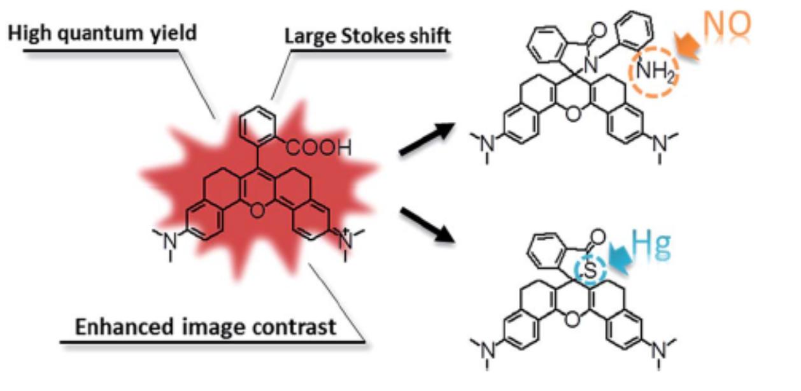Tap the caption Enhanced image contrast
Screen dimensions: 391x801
point(204,328)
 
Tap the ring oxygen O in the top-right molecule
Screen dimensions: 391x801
point(573,114)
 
